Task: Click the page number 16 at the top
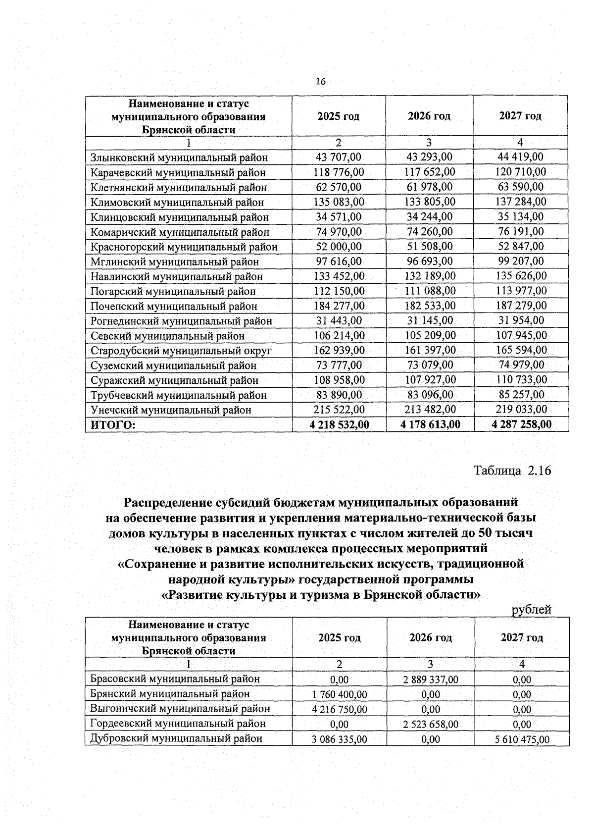[321, 82]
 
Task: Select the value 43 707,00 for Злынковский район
[339, 157]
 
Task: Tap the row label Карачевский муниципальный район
[178, 172]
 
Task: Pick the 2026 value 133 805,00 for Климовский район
[429, 202]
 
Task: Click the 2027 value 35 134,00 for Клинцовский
[520, 216]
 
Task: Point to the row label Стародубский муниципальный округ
[181, 351]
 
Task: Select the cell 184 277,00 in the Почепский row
[339, 306]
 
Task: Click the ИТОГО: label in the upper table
[112, 424]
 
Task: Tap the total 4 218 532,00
[339, 424]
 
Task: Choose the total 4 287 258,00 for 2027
[521, 424]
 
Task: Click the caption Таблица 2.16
[512, 470]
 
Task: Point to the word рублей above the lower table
[531, 610]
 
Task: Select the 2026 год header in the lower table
[430, 637]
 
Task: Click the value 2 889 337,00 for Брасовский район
[431, 679]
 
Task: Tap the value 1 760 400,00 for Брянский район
[340, 694]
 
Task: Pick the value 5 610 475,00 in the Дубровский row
[522, 739]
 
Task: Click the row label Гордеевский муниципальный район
[178, 724]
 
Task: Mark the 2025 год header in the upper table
[339, 116]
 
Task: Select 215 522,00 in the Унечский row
[339, 410]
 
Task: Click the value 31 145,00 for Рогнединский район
[429, 320]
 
